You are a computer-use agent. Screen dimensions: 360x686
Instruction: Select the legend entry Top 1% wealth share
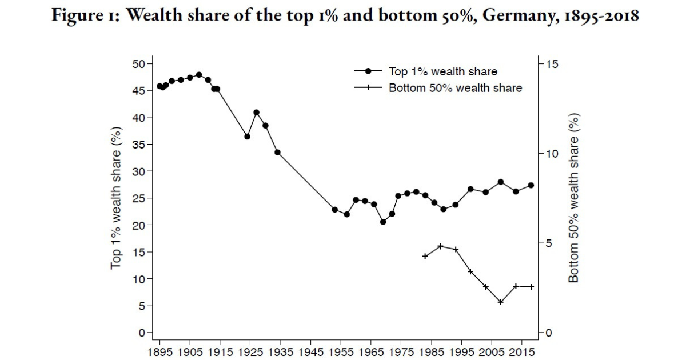pos(442,71)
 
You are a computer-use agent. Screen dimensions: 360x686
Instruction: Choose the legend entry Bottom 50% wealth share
pos(455,88)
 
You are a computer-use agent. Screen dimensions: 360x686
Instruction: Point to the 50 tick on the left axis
pos(139,63)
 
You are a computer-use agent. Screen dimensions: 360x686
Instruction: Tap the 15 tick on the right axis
pos(552,63)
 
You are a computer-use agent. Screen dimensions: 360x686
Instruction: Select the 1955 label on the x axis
pos(341,351)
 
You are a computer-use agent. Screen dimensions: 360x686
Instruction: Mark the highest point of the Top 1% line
pos(199,75)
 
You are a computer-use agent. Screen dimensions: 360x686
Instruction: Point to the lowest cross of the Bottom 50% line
pos(501,302)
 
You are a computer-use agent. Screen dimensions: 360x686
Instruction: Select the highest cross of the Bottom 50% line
pos(440,246)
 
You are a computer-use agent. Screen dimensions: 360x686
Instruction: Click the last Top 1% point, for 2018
pos(531,185)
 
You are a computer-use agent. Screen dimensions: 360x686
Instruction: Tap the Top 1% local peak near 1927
pos(256,113)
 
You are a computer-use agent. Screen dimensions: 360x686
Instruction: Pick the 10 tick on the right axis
pos(552,154)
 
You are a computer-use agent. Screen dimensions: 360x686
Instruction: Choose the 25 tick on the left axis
pos(139,198)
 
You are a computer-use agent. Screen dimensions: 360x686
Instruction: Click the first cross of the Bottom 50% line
pos(425,257)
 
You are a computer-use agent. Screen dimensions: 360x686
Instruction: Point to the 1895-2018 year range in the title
pos(601,15)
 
